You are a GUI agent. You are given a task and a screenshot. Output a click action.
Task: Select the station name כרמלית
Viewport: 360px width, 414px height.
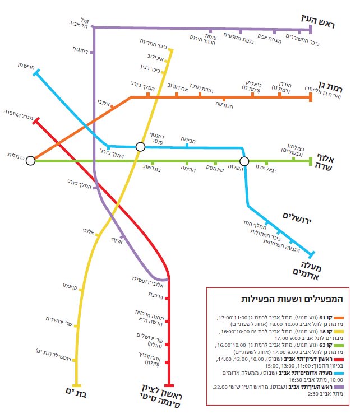pos(15,153)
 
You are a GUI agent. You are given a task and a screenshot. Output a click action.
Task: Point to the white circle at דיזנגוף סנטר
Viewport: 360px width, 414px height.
pos(140,147)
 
